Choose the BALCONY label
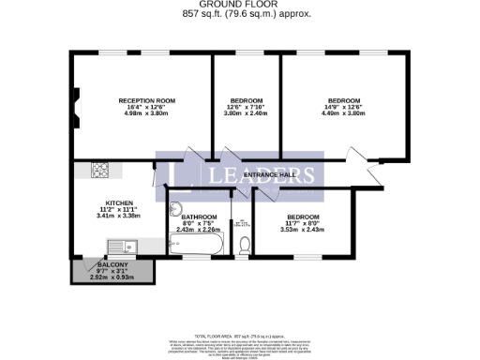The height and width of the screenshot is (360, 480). [112, 265]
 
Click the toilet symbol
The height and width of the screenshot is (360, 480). [244, 244]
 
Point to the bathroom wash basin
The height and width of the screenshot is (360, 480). [176, 207]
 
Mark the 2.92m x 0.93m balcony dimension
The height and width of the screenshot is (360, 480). [112, 277]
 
